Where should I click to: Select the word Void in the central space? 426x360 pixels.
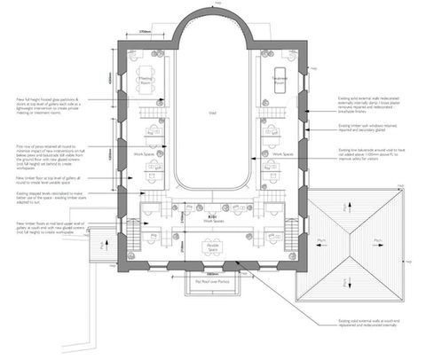pos(213,113)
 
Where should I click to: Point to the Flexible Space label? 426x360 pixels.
pos(213,251)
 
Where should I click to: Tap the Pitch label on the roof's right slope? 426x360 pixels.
pos(378,241)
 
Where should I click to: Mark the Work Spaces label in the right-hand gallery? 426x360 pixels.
pos(282,153)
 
